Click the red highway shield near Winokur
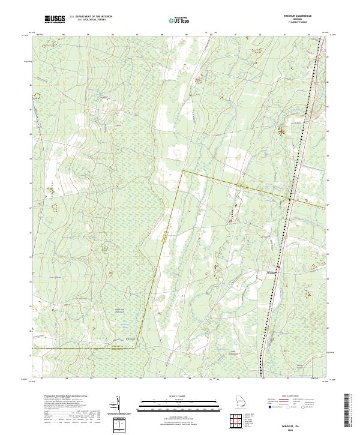point(278,268)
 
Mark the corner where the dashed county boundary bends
point(182,171)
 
